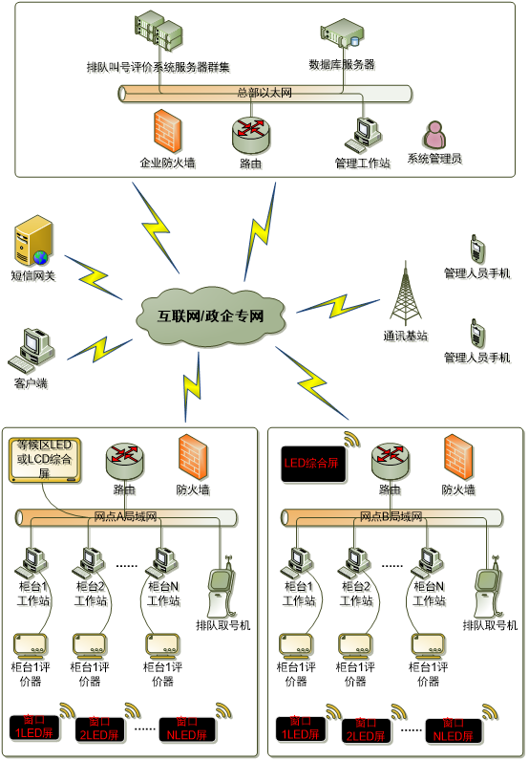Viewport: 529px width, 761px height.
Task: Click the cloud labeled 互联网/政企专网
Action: (x=211, y=315)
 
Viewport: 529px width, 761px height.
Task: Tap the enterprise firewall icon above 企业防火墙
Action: (x=168, y=130)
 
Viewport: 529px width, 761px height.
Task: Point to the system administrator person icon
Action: (x=434, y=134)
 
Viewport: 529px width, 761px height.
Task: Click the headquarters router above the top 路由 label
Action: (x=250, y=134)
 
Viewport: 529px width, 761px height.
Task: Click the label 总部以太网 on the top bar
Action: (x=264, y=93)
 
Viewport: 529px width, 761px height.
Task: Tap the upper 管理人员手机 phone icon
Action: (x=476, y=250)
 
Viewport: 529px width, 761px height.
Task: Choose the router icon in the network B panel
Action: (x=390, y=460)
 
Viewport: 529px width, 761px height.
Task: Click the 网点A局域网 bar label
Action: (x=125, y=517)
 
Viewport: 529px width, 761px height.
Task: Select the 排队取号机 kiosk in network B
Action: (x=488, y=590)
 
